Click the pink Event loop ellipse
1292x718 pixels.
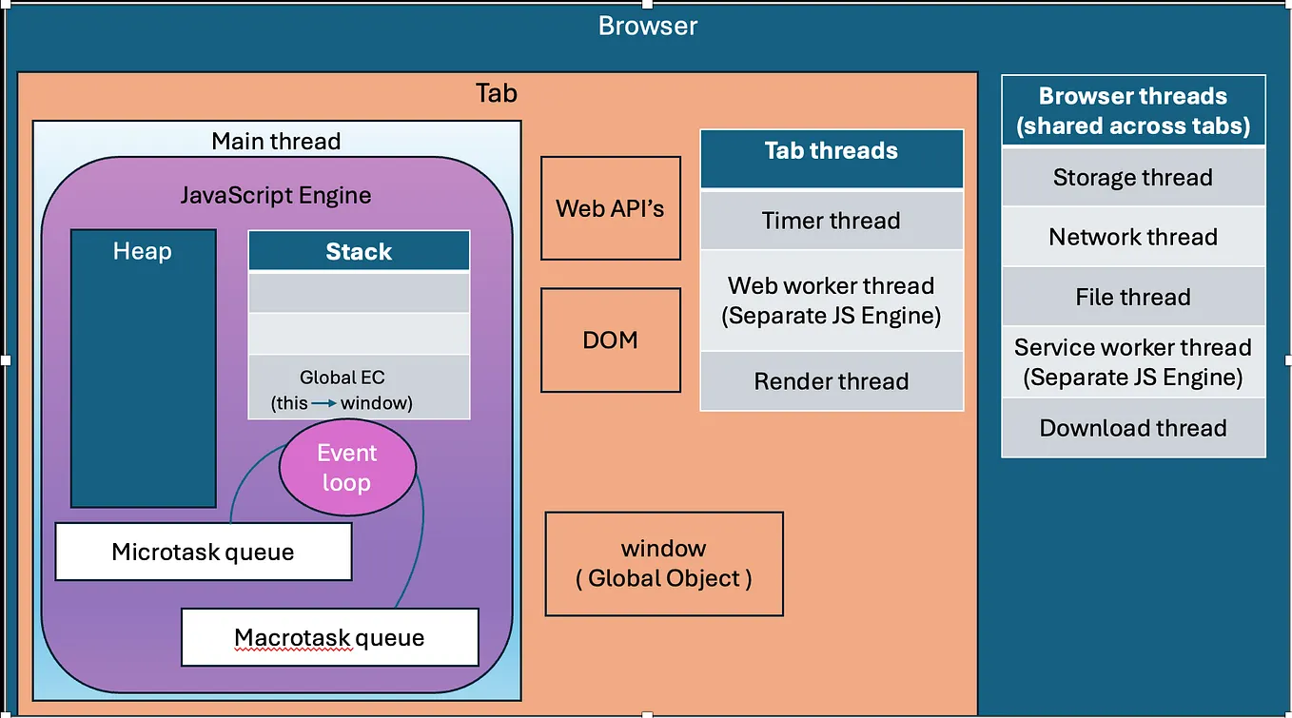347,467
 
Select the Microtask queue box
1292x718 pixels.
203,552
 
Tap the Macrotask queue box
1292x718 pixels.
329,637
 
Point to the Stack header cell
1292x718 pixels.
359,251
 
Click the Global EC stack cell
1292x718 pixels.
359,387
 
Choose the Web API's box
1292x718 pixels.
610,208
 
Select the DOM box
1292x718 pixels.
610,340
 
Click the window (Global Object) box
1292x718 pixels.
663,563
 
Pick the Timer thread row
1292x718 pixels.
831,221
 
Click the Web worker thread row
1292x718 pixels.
831,301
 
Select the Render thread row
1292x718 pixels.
831,381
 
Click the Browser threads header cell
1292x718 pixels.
1132,111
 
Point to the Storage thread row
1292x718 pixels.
1132,178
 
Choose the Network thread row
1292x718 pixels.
1132,237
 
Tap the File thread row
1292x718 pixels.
1132,297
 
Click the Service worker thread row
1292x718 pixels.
1132,362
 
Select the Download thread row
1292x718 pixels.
1132,428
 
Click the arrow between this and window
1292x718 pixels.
324,403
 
